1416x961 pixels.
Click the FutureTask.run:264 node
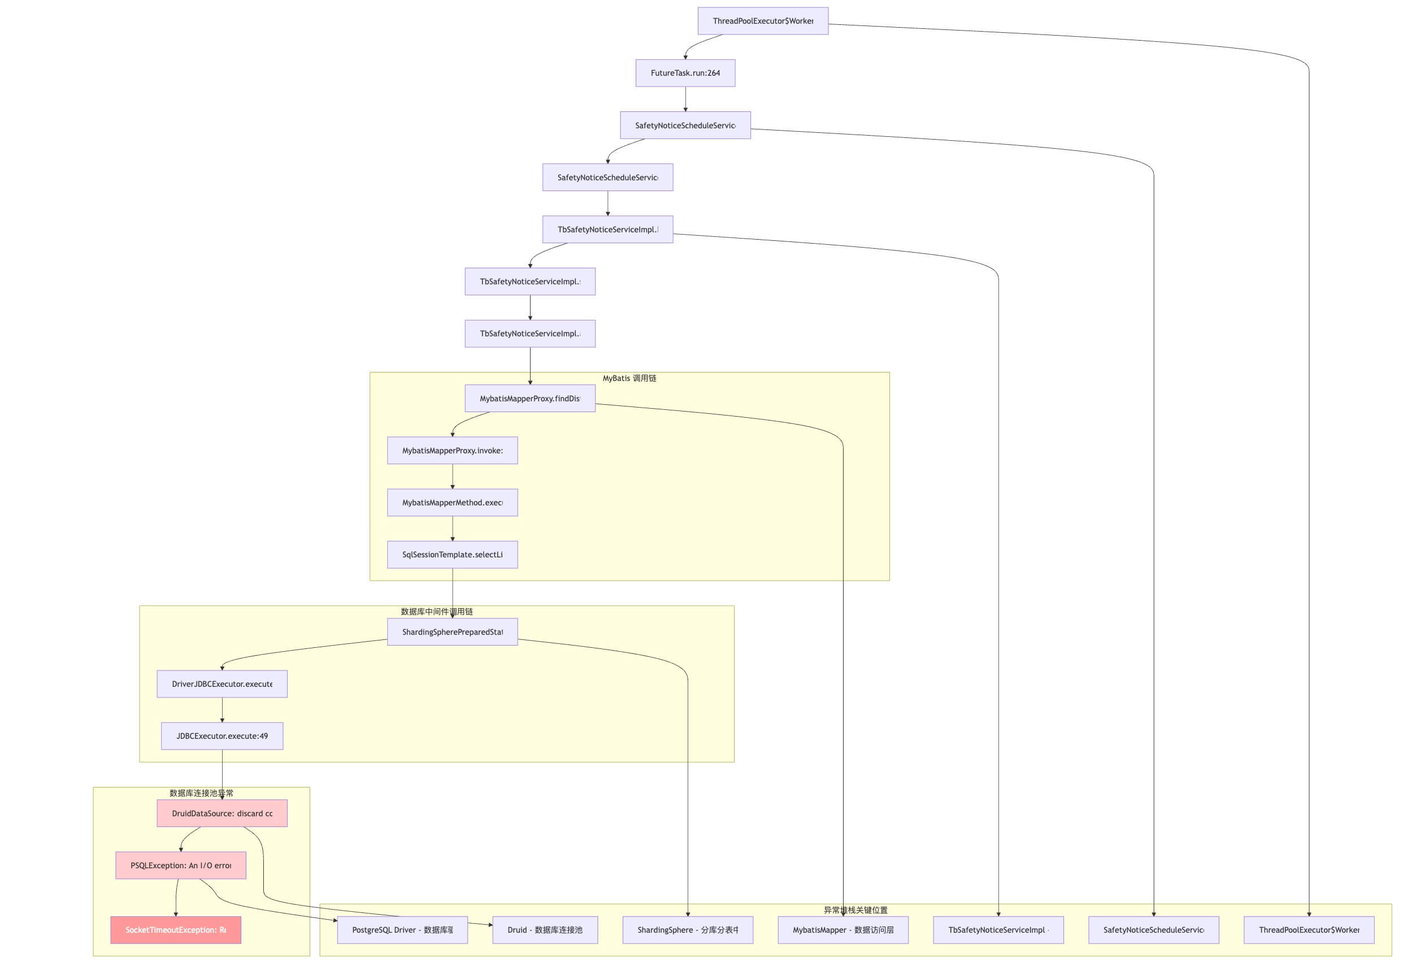pos(685,73)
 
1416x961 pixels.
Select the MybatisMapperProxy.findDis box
pos(529,399)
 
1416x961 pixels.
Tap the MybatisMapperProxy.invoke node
pos(452,451)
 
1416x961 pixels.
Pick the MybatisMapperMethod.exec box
pos(452,503)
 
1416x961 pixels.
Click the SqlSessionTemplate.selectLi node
pos(452,555)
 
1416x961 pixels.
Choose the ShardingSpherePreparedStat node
pos(452,632)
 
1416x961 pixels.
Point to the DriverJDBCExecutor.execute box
pos(222,684)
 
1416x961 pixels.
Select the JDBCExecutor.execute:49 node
pos(222,736)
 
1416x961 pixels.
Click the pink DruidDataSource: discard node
pos(222,813)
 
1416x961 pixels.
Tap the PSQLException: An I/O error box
pos(180,865)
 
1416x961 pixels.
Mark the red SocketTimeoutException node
pos(176,930)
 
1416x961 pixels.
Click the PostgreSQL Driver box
pos(402,930)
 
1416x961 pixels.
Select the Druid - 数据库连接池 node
pos(545,930)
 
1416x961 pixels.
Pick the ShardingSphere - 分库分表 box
pos(687,930)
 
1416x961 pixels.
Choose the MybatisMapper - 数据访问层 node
pos(842,930)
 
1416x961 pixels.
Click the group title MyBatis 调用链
pos(629,378)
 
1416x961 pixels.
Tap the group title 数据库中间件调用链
pos(436,612)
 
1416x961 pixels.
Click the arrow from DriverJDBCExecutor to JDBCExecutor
pos(222,710)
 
